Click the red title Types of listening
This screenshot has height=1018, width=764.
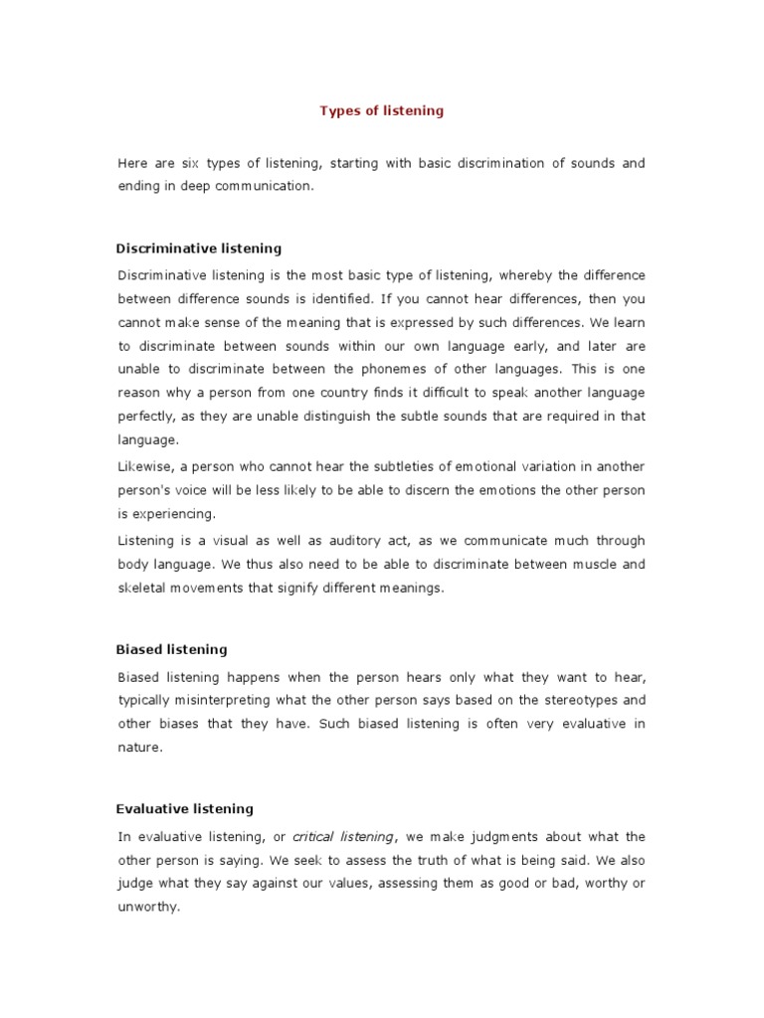[x=381, y=111]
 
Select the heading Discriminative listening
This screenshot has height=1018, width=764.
[x=199, y=249]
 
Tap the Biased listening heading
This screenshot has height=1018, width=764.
[x=172, y=649]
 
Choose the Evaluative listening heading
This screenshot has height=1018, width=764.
[x=185, y=809]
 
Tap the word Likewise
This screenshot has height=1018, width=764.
[x=145, y=467]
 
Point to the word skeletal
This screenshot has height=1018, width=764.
[x=143, y=589]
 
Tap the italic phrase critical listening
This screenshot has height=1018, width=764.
[x=343, y=837]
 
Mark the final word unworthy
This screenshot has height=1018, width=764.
[x=147, y=909]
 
